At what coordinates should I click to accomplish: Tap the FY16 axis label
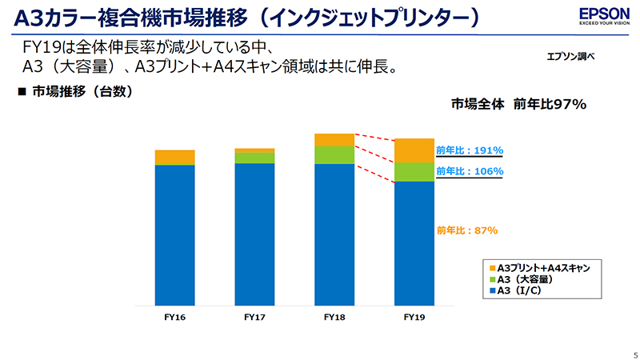[x=174, y=318]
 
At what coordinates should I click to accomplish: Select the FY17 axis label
[x=254, y=318]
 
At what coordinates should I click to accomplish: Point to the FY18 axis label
[x=334, y=318]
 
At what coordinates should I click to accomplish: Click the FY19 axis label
[x=414, y=318]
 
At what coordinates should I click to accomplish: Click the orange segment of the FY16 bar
[x=174, y=157]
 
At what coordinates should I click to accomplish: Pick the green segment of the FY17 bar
[x=254, y=158]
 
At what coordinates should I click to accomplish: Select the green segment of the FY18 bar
[x=334, y=155]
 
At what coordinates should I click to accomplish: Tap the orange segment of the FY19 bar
[x=414, y=150]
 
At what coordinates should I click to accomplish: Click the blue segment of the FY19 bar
[x=414, y=244]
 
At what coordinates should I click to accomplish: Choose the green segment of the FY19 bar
[x=414, y=172]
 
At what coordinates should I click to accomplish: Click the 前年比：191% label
[x=469, y=150]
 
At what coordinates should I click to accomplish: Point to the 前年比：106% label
[x=469, y=171]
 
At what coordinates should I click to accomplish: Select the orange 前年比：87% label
[x=466, y=230]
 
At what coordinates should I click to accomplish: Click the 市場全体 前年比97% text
[x=519, y=103]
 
